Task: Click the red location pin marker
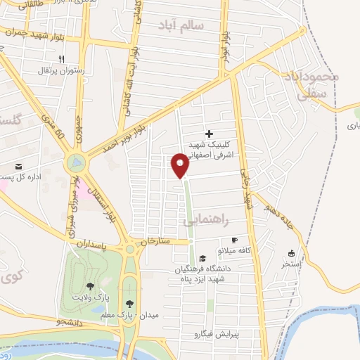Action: tap(181, 165)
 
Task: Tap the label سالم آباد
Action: tap(181, 25)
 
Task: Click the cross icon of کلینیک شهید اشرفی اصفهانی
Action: tap(209, 134)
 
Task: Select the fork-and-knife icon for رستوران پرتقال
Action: tap(63, 59)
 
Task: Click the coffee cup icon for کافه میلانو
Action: tap(245, 240)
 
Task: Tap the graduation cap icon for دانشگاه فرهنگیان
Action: tap(203, 258)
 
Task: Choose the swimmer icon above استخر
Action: tap(292, 253)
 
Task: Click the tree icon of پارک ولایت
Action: tap(90, 286)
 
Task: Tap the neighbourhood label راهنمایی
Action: tap(207, 220)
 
